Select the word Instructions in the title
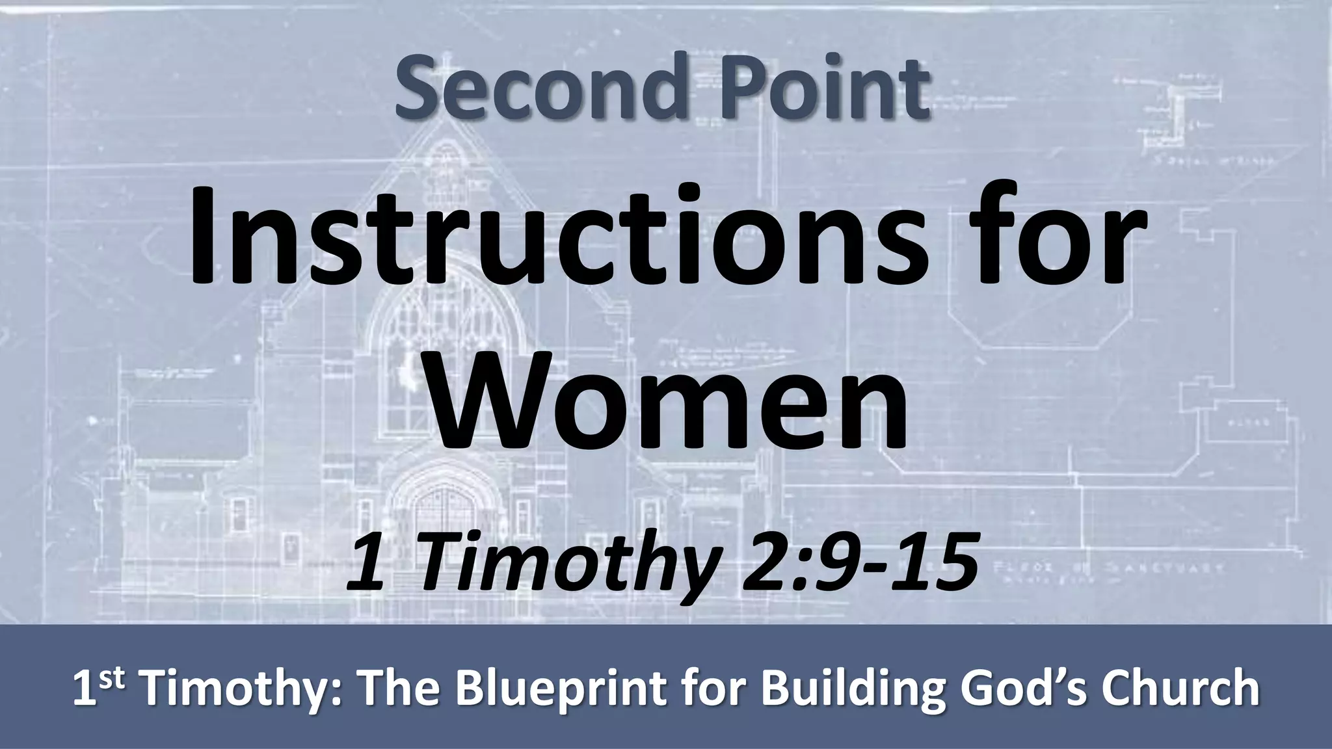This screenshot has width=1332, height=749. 556,239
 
